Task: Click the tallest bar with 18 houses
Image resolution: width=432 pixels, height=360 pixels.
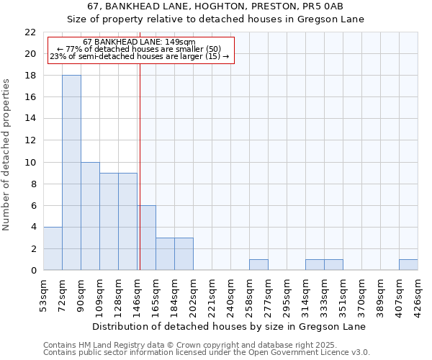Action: click(x=71, y=173)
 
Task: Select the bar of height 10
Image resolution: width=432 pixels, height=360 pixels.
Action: click(x=90, y=216)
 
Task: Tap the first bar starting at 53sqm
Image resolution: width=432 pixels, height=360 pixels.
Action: click(x=53, y=248)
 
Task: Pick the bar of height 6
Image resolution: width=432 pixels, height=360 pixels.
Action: click(x=146, y=238)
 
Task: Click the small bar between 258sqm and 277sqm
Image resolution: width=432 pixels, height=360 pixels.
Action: click(x=258, y=264)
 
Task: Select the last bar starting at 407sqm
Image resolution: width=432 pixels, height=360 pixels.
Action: click(x=408, y=264)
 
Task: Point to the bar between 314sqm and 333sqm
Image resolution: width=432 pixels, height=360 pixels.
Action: click(x=315, y=264)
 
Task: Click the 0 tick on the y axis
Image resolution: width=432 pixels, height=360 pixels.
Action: click(x=32, y=271)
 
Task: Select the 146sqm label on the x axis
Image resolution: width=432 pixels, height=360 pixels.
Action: click(x=137, y=294)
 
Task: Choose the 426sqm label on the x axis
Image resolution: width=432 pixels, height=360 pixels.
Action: click(x=418, y=294)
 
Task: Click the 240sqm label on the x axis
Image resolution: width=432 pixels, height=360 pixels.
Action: click(x=230, y=294)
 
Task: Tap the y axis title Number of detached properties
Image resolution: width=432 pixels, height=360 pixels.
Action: click(x=6, y=155)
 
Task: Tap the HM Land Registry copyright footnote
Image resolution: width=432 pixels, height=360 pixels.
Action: click(x=205, y=345)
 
